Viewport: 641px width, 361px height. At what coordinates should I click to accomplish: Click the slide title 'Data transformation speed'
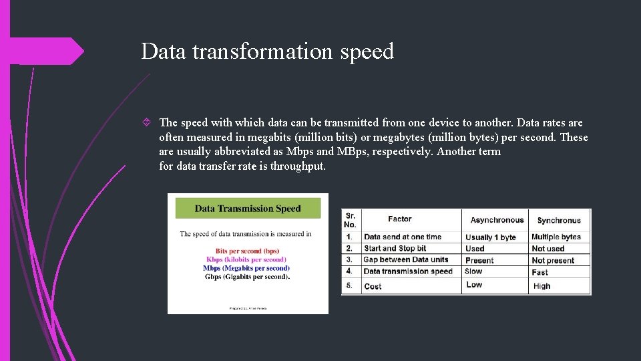(x=267, y=51)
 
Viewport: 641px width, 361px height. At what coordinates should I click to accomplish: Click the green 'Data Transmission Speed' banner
(x=248, y=209)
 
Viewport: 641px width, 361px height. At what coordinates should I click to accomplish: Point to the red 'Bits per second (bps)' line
(x=248, y=251)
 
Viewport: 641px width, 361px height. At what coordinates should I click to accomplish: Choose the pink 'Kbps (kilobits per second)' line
(x=246, y=259)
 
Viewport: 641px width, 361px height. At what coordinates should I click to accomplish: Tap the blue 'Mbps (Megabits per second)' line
(x=246, y=268)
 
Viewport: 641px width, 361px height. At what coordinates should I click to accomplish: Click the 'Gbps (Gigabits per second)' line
(x=246, y=277)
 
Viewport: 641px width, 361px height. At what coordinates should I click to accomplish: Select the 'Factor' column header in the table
(x=399, y=219)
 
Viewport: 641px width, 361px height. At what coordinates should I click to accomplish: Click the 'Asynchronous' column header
(x=497, y=220)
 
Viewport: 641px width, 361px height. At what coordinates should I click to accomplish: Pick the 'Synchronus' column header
(x=559, y=221)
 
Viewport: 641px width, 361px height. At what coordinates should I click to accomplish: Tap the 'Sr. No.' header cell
(x=351, y=220)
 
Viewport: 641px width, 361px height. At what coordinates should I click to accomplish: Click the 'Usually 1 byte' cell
(x=491, y=237)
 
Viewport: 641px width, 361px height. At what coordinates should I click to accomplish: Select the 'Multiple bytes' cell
(x=556, y=237)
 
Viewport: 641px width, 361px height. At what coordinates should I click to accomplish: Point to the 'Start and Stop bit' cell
(x=395, y=248)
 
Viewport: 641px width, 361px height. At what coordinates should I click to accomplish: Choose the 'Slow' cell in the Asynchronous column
(x=473, y=271)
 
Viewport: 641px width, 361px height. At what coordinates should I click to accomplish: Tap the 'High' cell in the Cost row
(x=542, y=286)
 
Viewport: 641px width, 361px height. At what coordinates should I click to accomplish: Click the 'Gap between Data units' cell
(x=405, y=259)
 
